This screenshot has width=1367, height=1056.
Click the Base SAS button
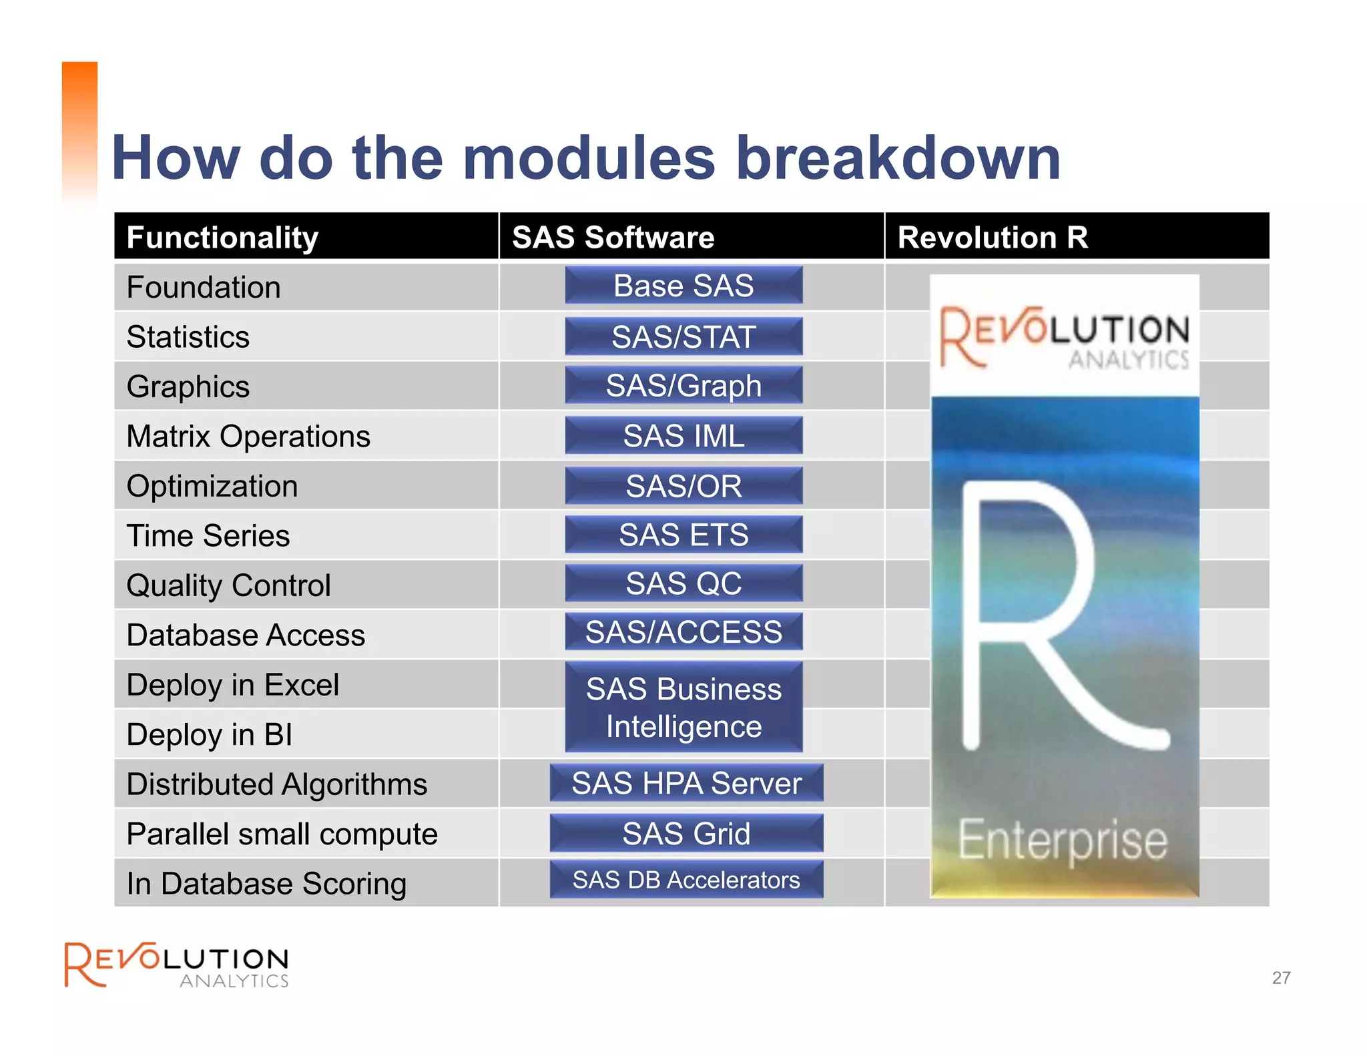[x=683, y=286]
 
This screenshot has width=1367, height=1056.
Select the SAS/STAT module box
[x=683, y=336]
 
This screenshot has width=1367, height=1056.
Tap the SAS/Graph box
[x=683, y=386]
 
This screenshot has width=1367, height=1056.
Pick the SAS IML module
[x=683, y=436]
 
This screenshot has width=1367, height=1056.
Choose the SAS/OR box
[x=683, y=486]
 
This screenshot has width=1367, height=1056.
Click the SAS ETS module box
[x=683, y=535]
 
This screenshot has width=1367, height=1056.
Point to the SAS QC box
[x=683, y=583]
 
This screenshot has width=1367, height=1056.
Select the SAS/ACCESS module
[x=683, y=632]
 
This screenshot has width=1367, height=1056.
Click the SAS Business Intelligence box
[x=683, y=708]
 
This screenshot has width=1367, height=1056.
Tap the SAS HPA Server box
[x=686, y=783]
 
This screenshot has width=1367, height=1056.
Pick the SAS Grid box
[x=686, y=833]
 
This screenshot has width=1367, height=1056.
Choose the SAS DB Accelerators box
[x=686, y=880]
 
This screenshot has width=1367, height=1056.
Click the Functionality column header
[x=222, y=238]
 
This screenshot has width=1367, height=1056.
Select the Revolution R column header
[x=993, y=238]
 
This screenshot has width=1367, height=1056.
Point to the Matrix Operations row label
[x=248, y=437]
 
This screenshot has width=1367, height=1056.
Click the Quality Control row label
[x=228, y=585]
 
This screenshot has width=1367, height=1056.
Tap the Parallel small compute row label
[x=282, y=834]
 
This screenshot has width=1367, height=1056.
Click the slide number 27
[x=1281, y=978]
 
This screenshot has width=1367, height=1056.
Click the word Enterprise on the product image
[x=1063, y=841]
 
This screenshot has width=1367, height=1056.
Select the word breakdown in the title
[x=898, y=158]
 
